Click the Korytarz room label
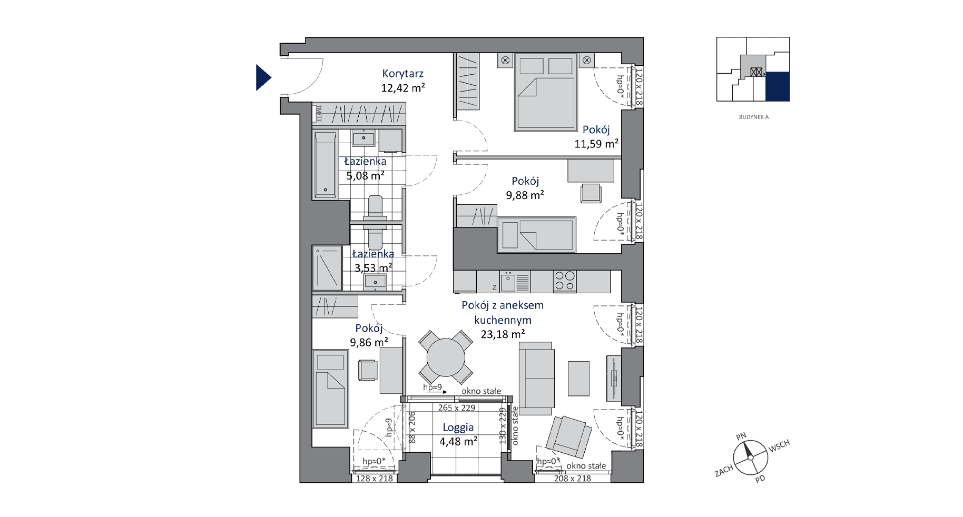click(403, 74)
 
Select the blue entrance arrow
click(263, 77)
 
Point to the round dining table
click(446, 357)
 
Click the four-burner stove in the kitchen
click(565, 281)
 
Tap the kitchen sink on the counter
click(508, 282)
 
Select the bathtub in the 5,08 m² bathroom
click(325, 165)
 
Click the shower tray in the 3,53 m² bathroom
click(327, 269)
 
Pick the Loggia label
click(458, 428)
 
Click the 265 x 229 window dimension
click(457, 407)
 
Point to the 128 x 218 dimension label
click(375, 479)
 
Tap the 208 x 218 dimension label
click(572, 479)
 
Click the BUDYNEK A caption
click(753, 117)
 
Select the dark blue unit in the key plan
click(777, 86)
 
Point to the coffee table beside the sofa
click(578, 378)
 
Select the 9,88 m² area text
click(525, 195)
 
